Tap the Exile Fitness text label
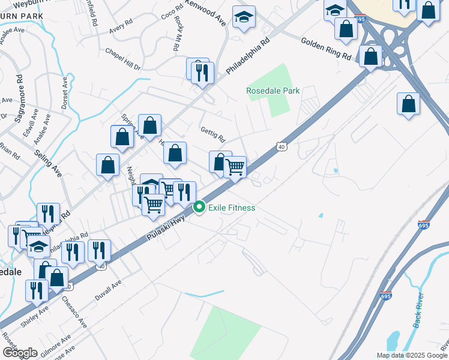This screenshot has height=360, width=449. pyautogui.click(x=232, y=208)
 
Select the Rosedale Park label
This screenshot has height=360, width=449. pyautogui.click(x=273, y=91)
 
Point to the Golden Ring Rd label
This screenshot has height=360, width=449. pyautogui.click(x=326, y=47)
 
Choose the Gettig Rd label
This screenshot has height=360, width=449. pyautogui.click(x=212, y=136)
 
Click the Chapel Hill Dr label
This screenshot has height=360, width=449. pyautogui.click(x=122, y=59)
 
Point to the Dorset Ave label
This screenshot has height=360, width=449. pyautogui.click(x=64, y=92)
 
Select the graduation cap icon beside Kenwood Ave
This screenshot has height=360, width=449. pyautogui.click(x=244, y=18)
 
